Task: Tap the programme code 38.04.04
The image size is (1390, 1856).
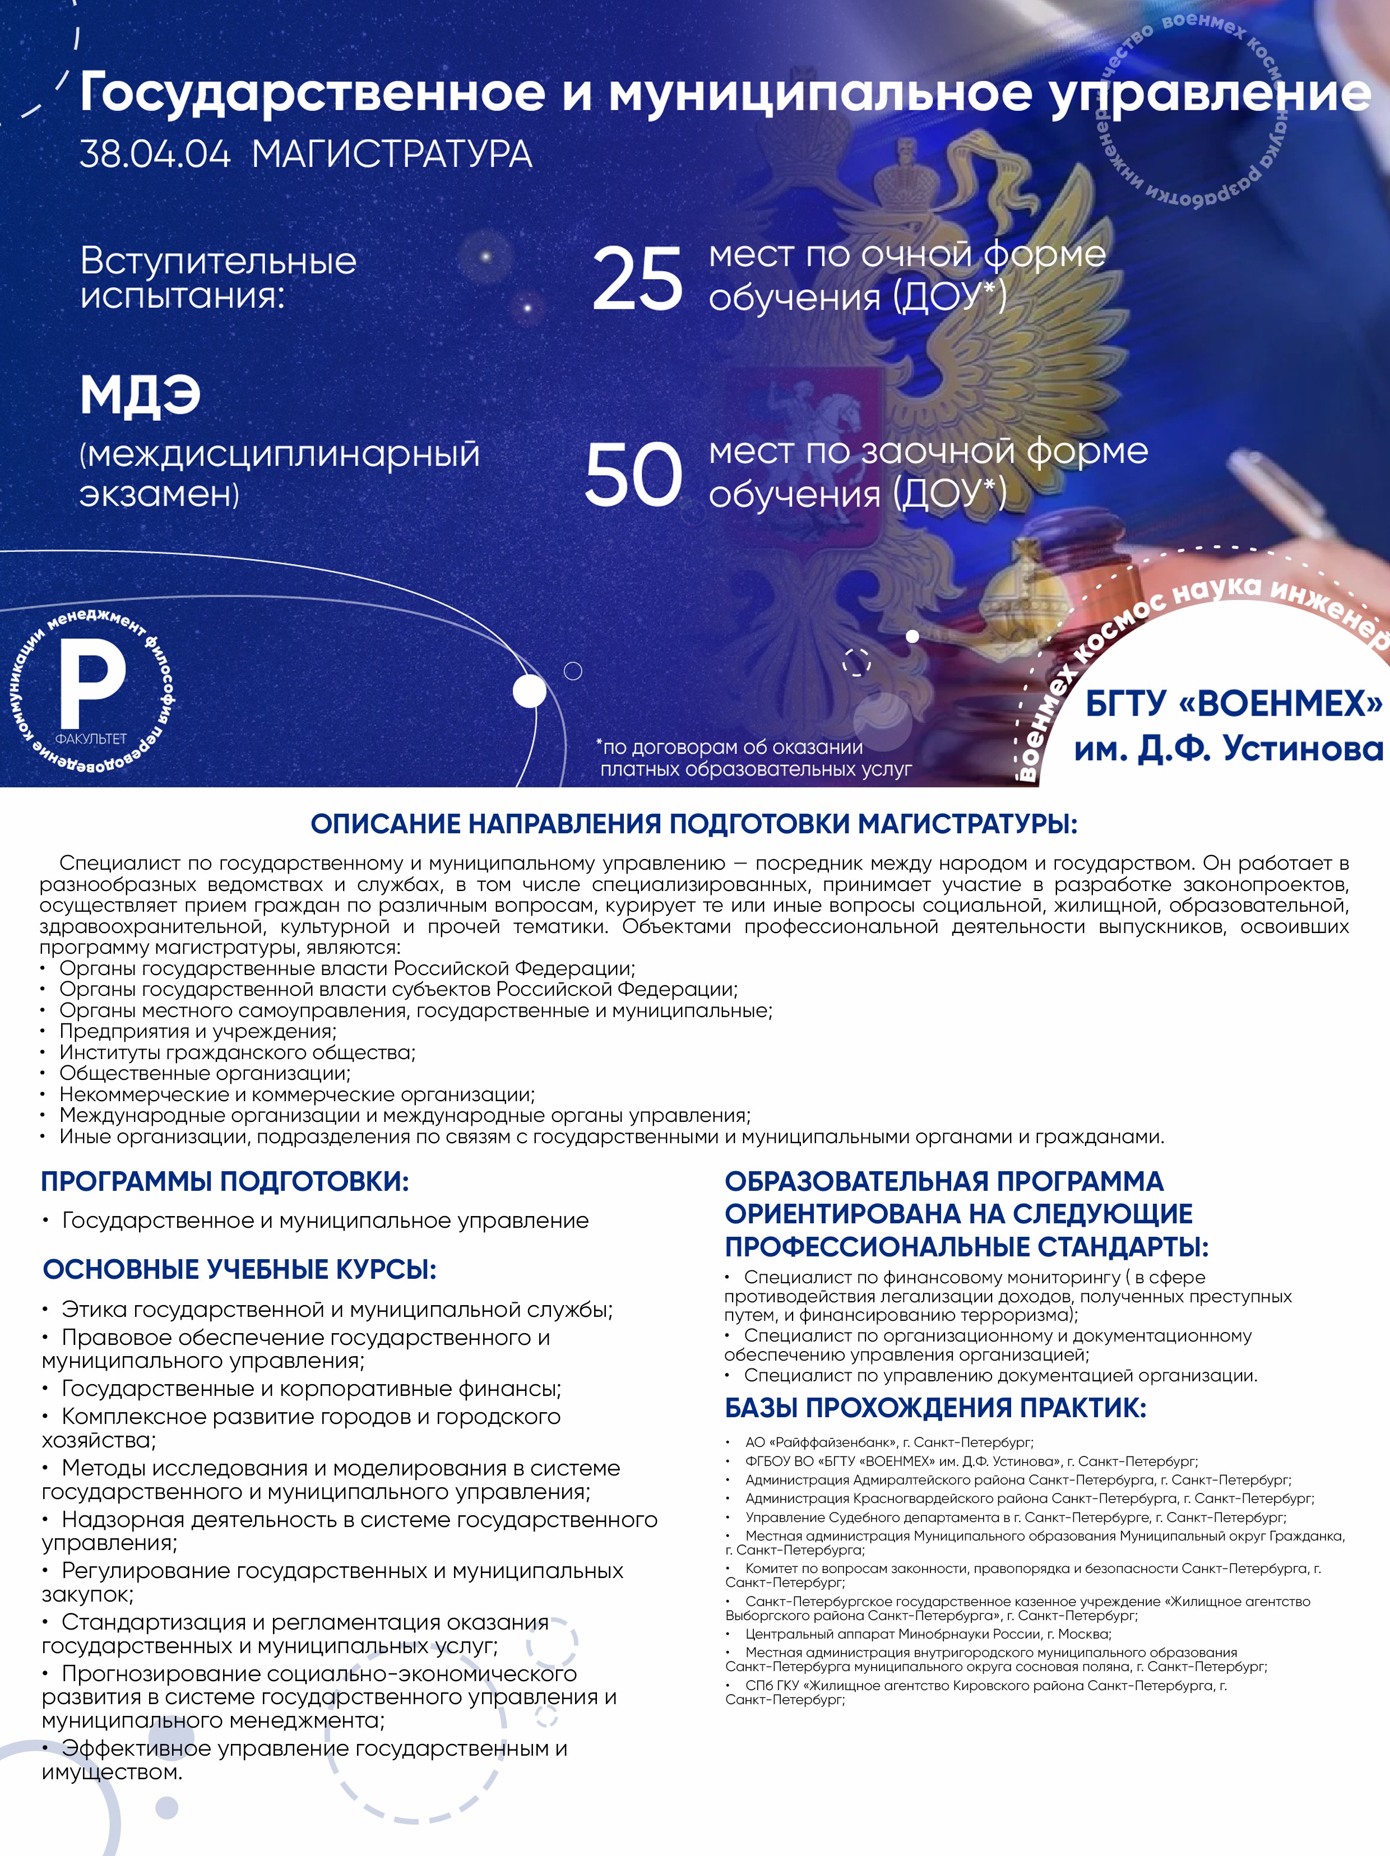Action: coord(155,155)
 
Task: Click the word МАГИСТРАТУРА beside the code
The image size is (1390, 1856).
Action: coord(392,155)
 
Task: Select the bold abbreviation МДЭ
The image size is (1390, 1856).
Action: coord(140,395)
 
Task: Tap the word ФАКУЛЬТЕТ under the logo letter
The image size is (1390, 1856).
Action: coord(91,739)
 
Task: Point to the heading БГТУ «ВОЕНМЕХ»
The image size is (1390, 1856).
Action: coord(1233,703)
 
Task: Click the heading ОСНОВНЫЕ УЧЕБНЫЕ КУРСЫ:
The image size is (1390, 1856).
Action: coord(239,1269)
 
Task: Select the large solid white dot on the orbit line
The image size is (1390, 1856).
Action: coord(529,692)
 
